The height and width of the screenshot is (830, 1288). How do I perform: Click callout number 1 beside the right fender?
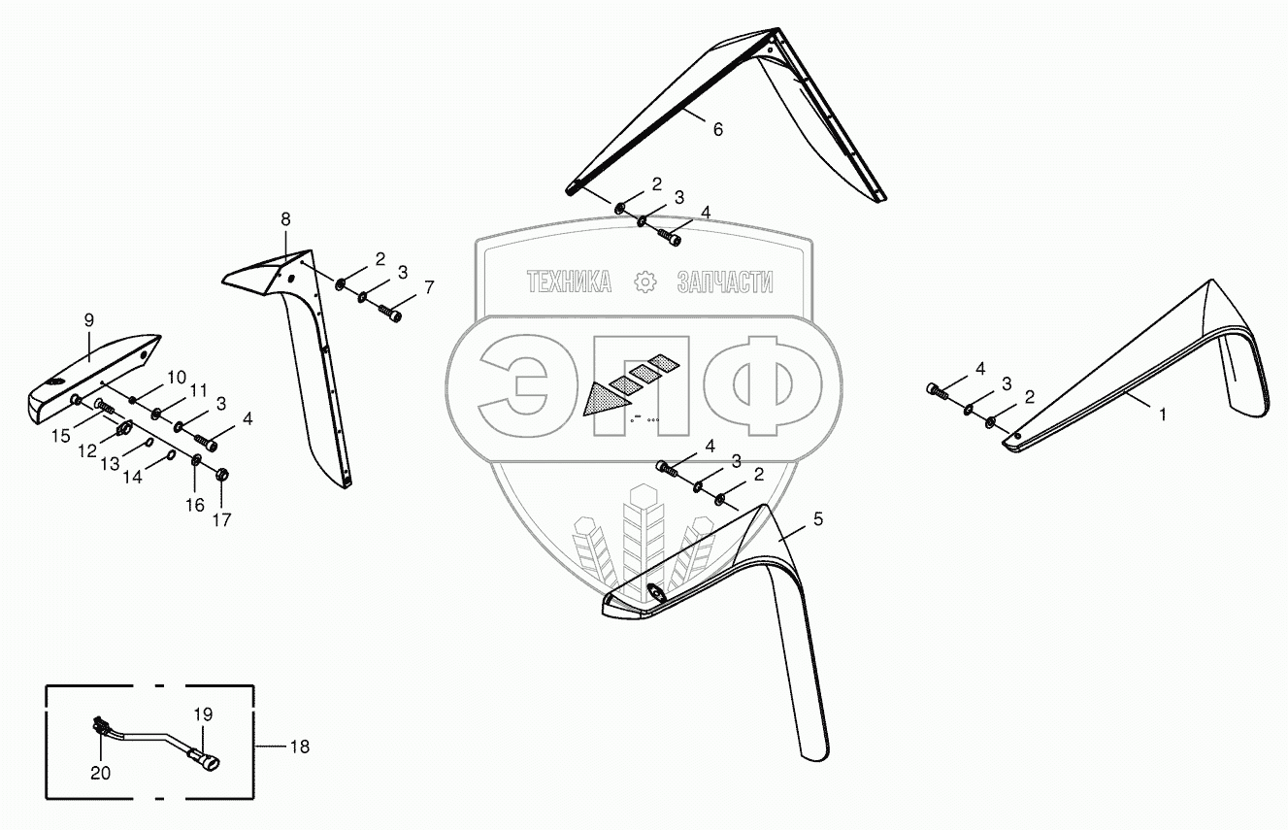[x=1163, y=414]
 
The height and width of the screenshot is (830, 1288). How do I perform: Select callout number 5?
[x=818, y=519]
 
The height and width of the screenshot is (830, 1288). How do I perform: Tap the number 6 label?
[x=718, y=129]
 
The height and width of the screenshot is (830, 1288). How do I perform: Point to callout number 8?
[x=285, y=219]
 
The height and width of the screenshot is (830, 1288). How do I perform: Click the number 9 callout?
[x=88, y=320]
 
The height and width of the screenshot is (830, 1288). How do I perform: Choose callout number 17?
[x=222, y=519]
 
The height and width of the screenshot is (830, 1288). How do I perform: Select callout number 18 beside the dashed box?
[x=299, y=747]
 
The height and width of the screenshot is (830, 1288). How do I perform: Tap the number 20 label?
[x=101, y=774]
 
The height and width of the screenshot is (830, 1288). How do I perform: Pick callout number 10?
[x=177, y=377]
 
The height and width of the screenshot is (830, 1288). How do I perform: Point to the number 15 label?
[x=61, y=437]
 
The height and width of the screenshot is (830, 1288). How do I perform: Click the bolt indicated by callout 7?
[x=395, y=315]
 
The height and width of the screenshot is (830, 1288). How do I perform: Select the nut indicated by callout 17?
[x=221, y=475]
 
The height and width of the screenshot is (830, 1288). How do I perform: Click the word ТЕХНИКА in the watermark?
[x=570, y=282]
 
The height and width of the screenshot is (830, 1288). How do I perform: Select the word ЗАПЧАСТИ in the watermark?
[x=725, y=282]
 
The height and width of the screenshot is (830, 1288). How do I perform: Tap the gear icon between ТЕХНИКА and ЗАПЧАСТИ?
[x=644, y=282]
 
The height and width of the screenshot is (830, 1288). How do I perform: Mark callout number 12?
[x=87, y=453]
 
